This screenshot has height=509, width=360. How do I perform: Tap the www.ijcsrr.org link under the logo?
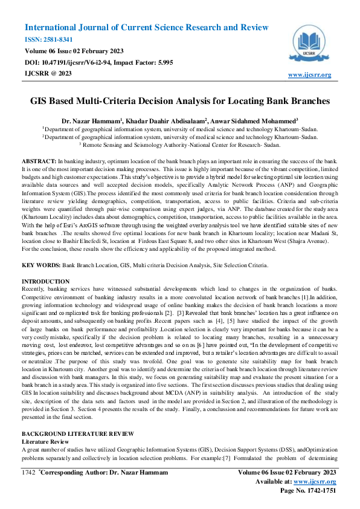310,74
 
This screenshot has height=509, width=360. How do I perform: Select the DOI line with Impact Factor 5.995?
91,62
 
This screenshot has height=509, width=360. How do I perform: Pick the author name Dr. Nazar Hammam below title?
92,120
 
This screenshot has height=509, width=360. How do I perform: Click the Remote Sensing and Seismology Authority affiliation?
179,145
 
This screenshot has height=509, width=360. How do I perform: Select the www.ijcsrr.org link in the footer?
314,481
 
